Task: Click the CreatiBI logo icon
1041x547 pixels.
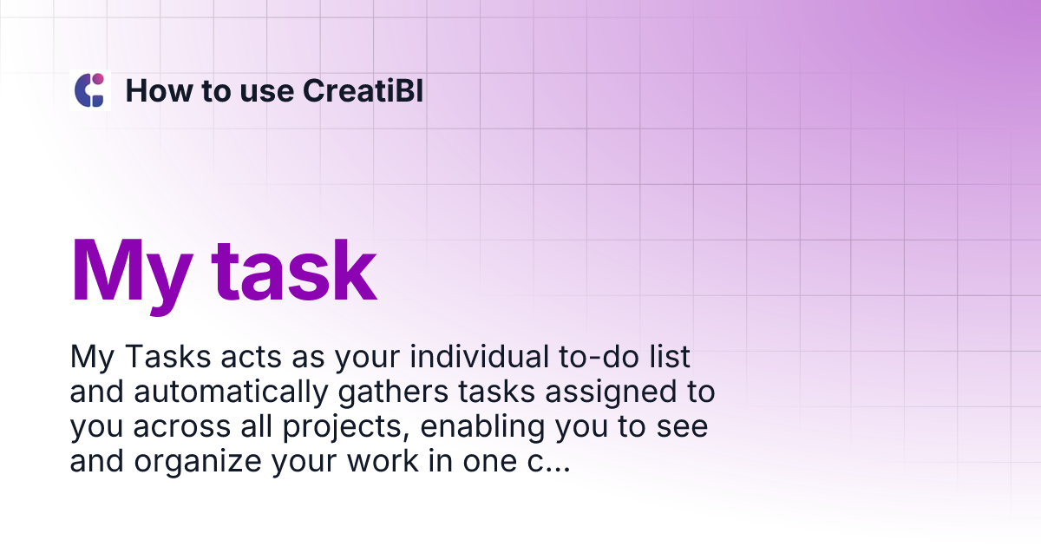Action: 90,90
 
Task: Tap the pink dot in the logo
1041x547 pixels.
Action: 98,79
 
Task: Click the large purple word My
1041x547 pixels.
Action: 130,270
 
